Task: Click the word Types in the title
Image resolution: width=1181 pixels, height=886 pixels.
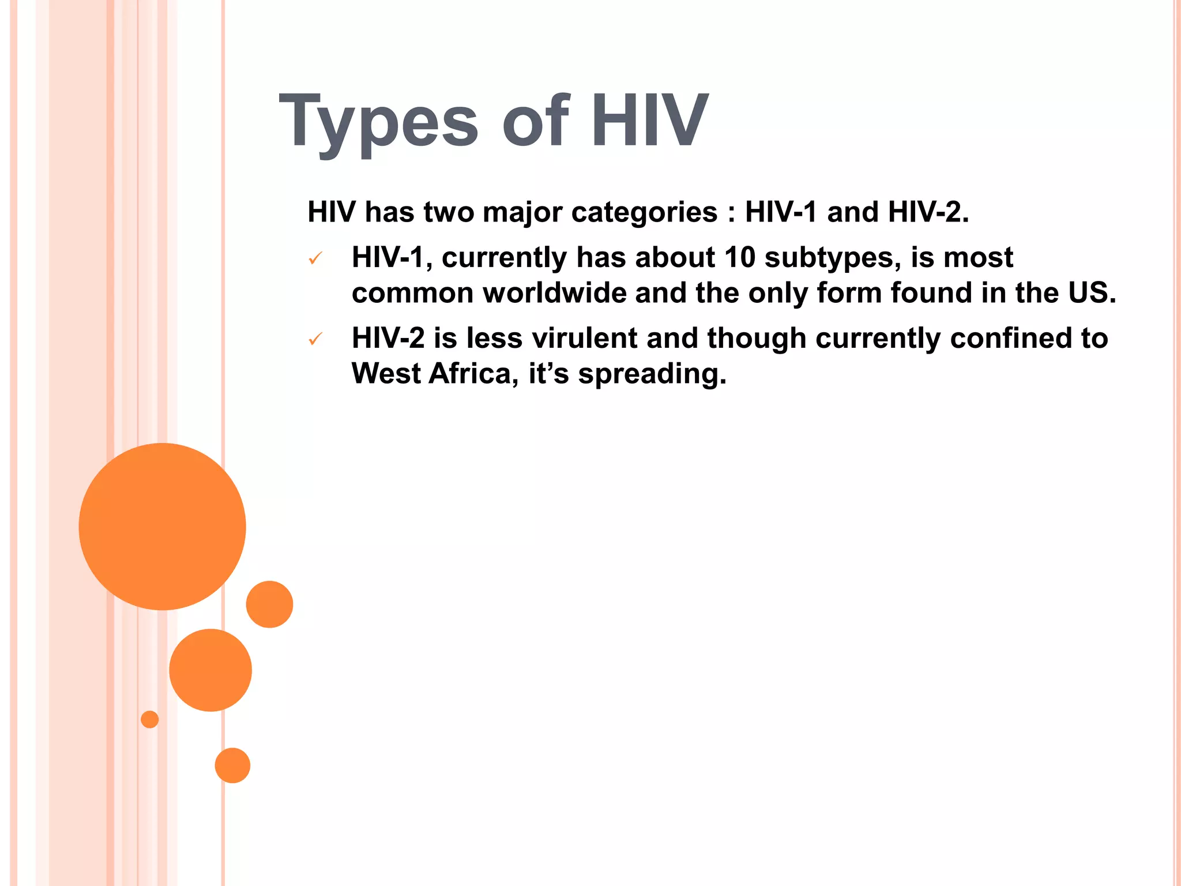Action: [x=378, y=122]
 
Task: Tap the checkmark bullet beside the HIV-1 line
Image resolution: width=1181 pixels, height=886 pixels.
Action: [x=315, y=259]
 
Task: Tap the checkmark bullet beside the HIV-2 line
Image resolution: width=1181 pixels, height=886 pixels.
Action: [x=315, y=339]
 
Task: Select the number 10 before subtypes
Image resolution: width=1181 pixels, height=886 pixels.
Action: [x=739, y=257]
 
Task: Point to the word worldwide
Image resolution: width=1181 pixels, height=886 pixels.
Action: [x=554, y=293]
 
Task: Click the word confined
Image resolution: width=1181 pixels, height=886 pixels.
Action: [x=1007, y=338]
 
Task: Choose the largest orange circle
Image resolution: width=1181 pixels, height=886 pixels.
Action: [x=162, y=526]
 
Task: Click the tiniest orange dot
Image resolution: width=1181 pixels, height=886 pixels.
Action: [x=149, y=719]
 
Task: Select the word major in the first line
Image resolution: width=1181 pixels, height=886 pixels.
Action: [x=522, y=212]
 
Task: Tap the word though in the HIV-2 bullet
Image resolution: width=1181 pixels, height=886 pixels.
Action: [x=756, y=339]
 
